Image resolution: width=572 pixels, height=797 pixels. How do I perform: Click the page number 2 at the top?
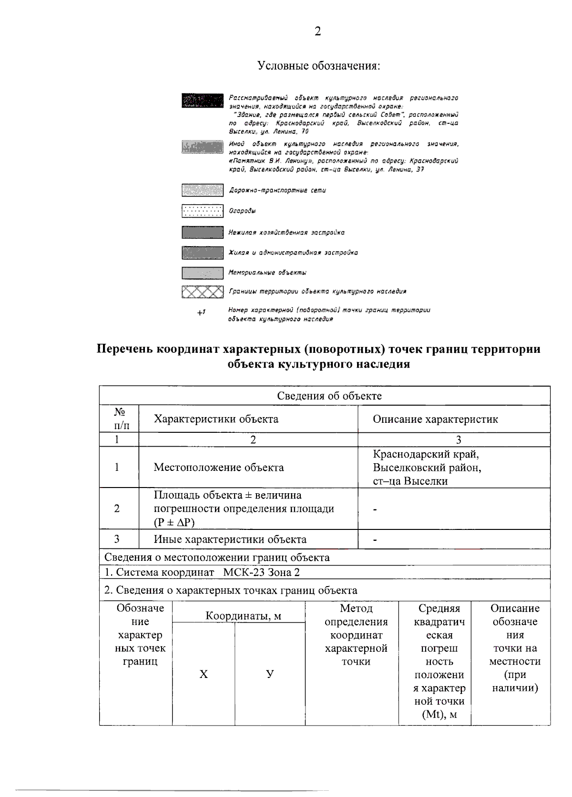tap(317, 31)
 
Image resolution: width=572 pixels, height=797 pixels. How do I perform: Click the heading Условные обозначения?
tap(318, 65)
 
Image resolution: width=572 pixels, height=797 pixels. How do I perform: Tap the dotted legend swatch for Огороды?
tap(202, 211)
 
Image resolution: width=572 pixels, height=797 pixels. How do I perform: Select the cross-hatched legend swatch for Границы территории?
tap(202, 291)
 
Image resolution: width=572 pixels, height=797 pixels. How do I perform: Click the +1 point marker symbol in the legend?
tap(201, 313)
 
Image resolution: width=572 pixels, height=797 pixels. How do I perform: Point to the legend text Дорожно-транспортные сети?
tap(277, 190)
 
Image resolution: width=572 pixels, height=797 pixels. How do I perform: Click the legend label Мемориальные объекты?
tap(267, 273)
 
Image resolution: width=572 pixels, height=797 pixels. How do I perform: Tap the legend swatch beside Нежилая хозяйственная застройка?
tap(202, 232)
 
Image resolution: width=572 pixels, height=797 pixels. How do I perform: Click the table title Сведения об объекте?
tap(329, 396)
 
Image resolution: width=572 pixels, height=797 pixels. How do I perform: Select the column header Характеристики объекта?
tap(216, 419)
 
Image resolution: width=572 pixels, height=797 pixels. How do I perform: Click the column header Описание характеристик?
tap(435, 419)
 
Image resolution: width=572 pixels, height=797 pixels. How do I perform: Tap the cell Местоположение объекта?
tap(218, 467)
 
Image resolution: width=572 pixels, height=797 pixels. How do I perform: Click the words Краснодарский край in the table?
tap(426, 454)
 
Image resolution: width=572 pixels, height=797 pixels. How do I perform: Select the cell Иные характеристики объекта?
tap(230, 539)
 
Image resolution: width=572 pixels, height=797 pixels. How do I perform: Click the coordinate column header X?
tap(204, 674)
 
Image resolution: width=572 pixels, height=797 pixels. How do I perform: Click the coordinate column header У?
tap(270, 674)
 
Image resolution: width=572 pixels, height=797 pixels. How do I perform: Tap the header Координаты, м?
tap(243, 616)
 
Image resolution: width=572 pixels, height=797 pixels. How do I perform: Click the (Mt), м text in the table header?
tap(439, 715)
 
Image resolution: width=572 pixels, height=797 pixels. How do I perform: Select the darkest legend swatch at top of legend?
tap(202, 101)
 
